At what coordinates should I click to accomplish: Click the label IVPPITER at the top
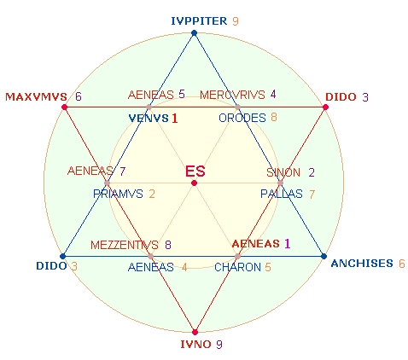click(199, 21)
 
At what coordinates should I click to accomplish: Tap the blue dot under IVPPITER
click(194, 33)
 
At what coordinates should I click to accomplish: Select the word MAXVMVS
click(36, 96)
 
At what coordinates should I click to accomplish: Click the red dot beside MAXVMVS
click(65, 107)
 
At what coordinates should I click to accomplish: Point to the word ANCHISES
click(362, 264)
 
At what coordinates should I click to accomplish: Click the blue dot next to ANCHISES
click(323, 256)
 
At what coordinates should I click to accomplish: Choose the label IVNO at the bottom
click(195, 345)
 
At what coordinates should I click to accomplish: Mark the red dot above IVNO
click(195, 332)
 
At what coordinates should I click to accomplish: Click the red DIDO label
click(341, 97)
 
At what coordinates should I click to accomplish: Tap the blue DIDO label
click(51, 266)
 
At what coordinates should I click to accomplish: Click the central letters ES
click(195, 171)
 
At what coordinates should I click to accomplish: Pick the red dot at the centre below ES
click(194, 183)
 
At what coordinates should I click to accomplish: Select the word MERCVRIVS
click(232, 95)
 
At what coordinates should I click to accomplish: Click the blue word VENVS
click(149, 118)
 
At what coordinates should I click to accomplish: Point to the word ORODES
click(242, 118)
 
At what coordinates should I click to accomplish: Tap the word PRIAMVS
click(118, 194)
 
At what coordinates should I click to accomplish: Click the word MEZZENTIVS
click(125, 245)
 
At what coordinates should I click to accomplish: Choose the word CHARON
click(237, 267)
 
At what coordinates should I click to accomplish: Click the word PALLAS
click(282, 194)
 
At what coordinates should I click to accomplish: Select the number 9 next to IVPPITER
click(236, 21)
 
